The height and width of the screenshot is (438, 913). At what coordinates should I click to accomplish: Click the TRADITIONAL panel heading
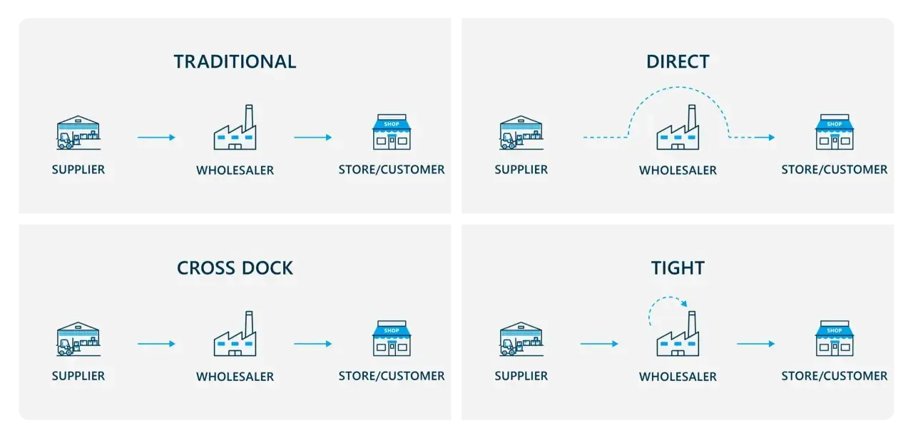point(235,61)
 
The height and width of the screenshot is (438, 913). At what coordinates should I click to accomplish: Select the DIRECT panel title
point(678,61)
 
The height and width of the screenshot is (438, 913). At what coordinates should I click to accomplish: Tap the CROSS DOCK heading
point(235,268)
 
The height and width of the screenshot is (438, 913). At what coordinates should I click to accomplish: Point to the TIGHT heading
point(678,268)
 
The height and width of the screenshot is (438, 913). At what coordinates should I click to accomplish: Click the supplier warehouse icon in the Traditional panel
point(78,133)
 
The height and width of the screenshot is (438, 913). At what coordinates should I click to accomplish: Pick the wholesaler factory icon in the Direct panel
point(678,127)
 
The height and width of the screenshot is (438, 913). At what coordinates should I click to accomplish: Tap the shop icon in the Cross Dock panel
point(392,338)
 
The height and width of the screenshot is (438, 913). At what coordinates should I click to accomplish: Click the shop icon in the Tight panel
point(835,338)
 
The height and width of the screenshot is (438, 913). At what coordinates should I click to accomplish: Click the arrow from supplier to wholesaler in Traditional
point(156,138)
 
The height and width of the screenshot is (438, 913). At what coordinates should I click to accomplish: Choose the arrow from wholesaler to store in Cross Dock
point(313,344)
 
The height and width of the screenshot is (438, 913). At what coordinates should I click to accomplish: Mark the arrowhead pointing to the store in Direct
point(772,138)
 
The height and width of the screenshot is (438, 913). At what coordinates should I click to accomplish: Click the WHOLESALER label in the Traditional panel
point(235,170)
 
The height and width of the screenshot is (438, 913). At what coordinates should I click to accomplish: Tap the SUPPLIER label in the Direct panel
point(521,169)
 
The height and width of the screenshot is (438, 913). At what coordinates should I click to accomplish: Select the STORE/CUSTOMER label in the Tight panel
point(835,376)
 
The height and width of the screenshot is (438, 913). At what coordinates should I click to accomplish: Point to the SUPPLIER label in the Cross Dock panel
point(78,376)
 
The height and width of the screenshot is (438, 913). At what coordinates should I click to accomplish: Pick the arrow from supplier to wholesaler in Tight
point(599,344)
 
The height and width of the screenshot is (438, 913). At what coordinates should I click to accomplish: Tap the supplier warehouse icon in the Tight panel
point(521,339)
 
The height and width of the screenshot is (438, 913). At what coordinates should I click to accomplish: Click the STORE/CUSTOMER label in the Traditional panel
point(392,169)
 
